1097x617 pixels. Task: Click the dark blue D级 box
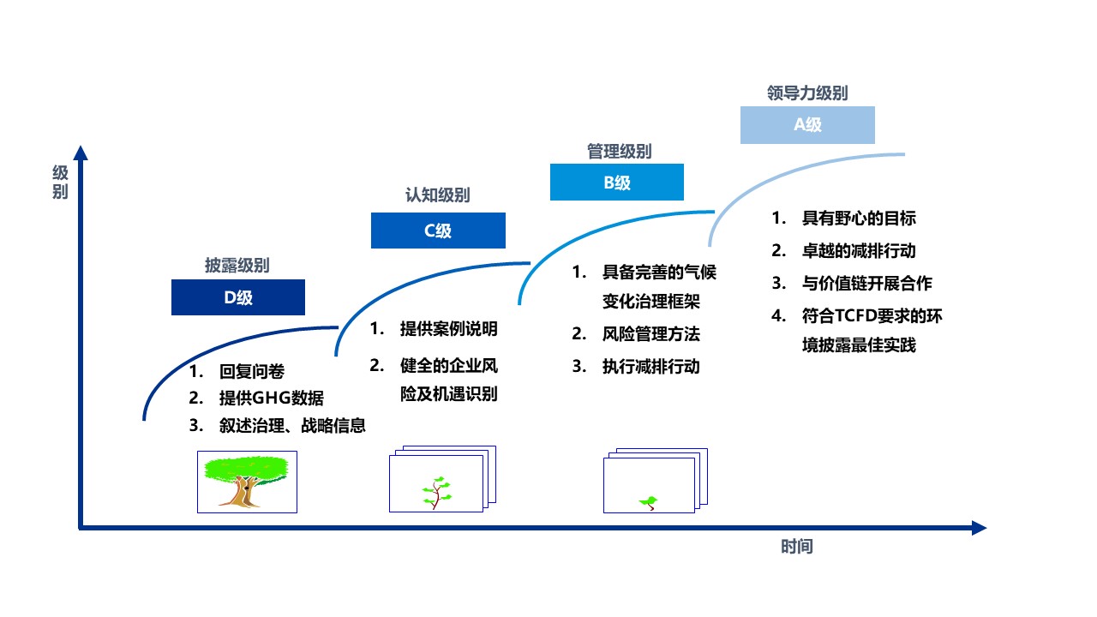coord(238,297)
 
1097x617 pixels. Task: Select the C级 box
coord(438,231)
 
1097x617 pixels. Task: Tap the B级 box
coord(616,183)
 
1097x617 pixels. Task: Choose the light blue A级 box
coord(807,125)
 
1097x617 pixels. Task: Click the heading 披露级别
coord(237,266)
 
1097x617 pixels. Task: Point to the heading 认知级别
coord(437,195)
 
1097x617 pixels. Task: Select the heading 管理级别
coord(619,152)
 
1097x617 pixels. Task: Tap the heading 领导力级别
coord(807,93)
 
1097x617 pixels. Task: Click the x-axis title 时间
coord(796,547)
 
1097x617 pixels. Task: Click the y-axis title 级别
coord(59,182)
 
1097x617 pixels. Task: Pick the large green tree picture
coord(247,482)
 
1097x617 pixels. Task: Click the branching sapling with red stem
coord(436,492)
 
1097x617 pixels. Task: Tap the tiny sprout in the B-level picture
coord(650,501)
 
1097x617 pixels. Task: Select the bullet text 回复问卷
coord(252,372)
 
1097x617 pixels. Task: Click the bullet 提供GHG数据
coord(272,398)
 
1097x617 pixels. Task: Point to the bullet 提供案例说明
coord(448,329)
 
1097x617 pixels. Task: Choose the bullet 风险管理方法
coord(651,334)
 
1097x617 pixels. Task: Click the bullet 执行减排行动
coord(651,367)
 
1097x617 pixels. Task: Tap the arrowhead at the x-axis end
coord(979,528)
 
